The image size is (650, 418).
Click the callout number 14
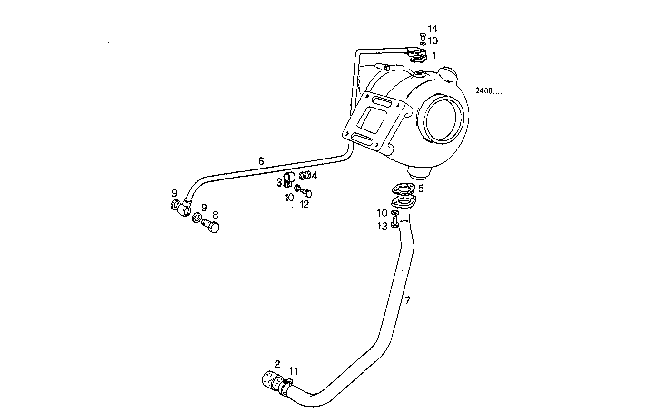coord(432,29)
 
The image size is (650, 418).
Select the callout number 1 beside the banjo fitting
coord(433,56)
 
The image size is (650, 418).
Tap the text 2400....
coord(488,91)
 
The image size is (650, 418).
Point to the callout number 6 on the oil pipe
coord(261,161)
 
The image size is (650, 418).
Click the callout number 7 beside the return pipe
coord(407,300)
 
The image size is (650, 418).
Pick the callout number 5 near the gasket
coord(421,189)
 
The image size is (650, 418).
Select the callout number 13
coord(383,227)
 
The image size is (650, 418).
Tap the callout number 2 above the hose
coord(277,364)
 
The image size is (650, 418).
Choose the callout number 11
coord(294,371)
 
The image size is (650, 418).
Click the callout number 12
coord(305,205)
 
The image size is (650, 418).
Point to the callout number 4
coord(315,175)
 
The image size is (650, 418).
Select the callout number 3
coord(279,182)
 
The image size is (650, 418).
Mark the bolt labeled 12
coord(307,193)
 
